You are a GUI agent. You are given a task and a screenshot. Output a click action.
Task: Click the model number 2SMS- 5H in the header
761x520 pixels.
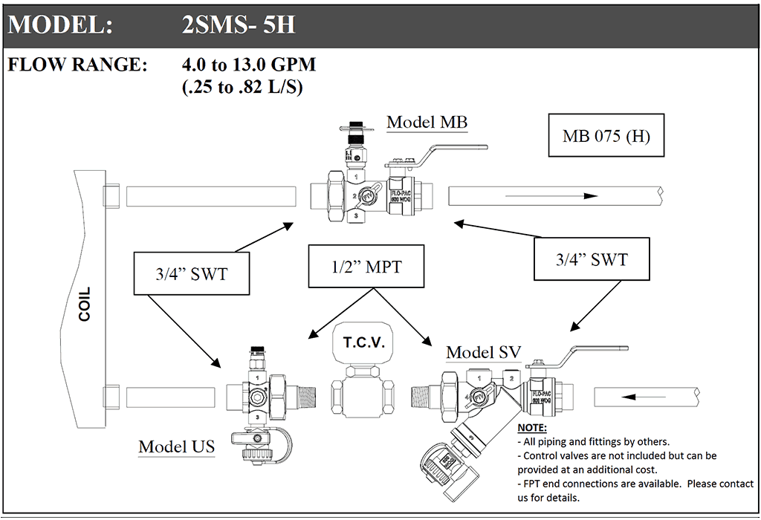(239, 25)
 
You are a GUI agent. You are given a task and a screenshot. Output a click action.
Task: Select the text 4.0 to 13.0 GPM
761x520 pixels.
(248, 65)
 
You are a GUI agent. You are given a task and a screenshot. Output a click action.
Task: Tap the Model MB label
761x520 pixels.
(427, 123)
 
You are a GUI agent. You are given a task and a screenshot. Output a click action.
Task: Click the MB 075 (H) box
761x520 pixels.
(606, 136)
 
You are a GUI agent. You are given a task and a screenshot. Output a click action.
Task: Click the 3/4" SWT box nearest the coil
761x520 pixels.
(191, 274)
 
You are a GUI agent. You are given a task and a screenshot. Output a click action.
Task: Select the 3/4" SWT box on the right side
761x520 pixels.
(592, 259)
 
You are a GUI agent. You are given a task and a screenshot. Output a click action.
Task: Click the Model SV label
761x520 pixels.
(483, 353)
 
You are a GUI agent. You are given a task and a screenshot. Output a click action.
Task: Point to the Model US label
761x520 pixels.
(176, 446)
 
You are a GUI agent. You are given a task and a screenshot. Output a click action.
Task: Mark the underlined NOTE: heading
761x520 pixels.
(531, 429)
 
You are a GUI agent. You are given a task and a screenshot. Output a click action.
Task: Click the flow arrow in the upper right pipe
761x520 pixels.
(554, 196)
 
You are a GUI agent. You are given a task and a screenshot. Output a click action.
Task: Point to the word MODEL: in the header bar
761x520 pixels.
(60, 25)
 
